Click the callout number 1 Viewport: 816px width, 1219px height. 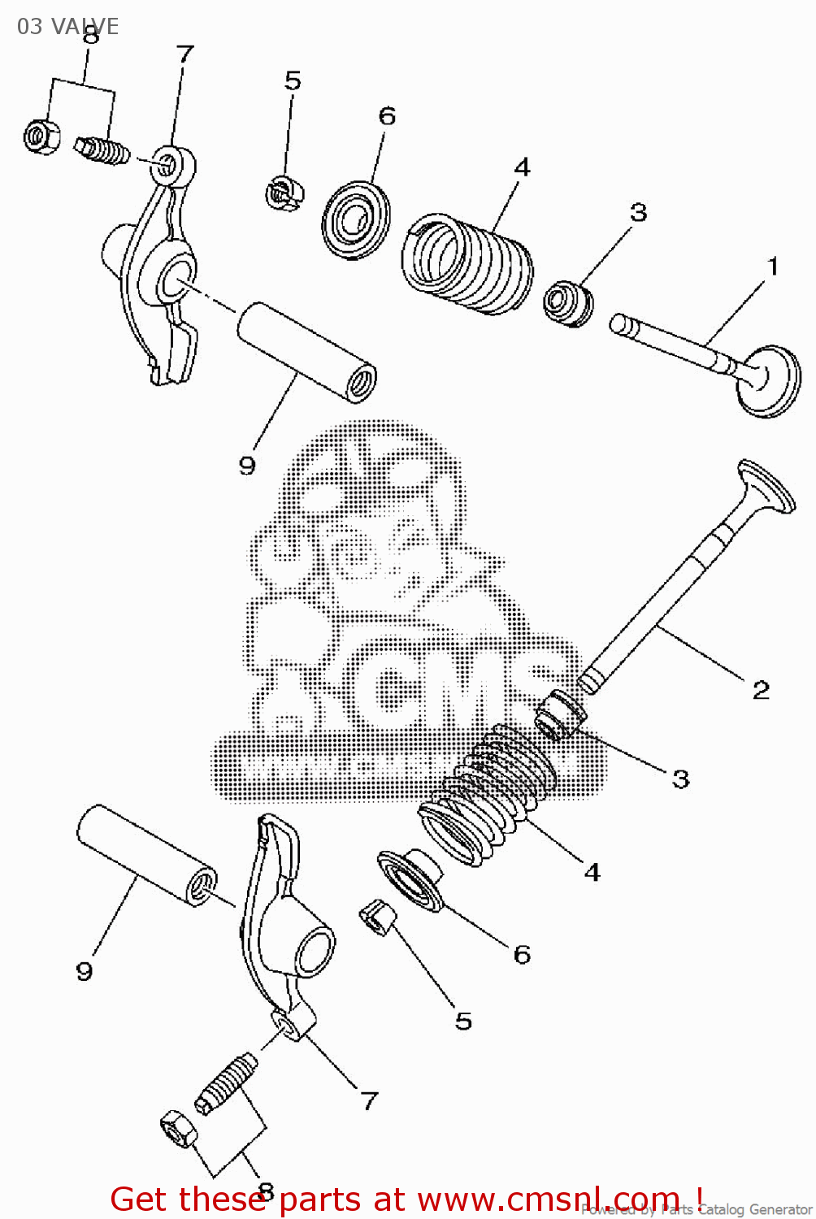773,267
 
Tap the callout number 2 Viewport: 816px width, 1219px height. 761,690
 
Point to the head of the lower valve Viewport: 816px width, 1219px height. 766,487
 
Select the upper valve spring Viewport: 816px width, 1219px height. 468,262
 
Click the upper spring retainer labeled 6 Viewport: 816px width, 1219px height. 355,219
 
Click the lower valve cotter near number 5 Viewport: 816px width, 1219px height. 378,918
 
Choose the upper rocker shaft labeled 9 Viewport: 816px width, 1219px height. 306,351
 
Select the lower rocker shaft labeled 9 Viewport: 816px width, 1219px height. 146,854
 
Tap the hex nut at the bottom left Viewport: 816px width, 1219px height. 178,1128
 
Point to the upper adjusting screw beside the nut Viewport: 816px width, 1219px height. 103,150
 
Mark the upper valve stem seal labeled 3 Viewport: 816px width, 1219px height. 567,303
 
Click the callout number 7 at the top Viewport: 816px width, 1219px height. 185,54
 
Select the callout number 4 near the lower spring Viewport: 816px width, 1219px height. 592,873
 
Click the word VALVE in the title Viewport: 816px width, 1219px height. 85,27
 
